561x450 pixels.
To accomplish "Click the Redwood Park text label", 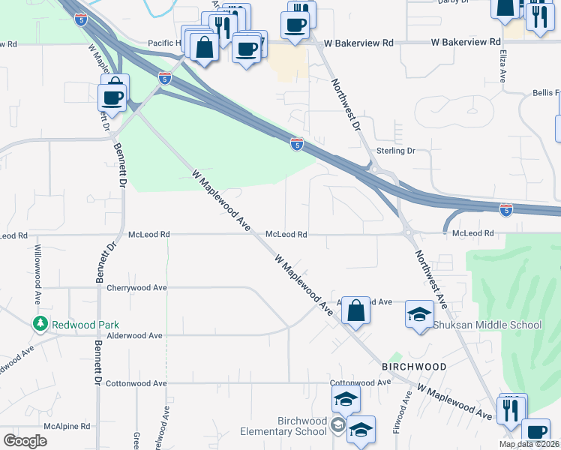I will tap(85, 325).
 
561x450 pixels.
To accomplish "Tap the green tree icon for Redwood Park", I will tap(40, 324).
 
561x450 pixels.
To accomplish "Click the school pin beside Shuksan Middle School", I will tap(419, 315).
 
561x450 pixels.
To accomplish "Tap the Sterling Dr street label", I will tap(395, 151).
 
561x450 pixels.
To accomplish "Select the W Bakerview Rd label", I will tap(465, 42).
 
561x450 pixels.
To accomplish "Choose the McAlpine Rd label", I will tap(69, 425).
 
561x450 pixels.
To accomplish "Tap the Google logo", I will tap(25, 441).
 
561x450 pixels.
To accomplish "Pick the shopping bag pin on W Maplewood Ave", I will tap(356, 309).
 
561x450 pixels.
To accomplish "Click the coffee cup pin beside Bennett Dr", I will tap(113, 97).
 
